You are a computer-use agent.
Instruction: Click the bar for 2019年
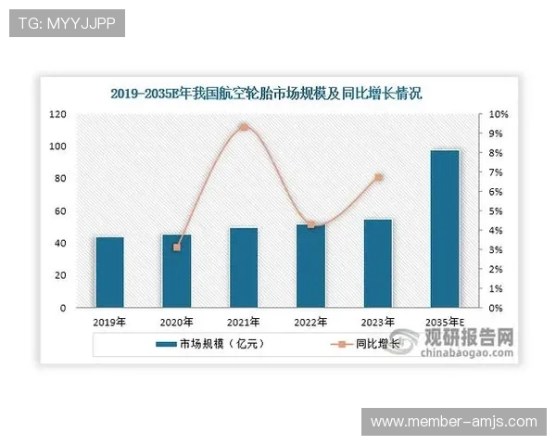click(x=109, y=272)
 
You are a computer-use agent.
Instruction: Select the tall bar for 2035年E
click(x=445, y=228)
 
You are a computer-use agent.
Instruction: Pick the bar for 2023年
click(x=377, y=263)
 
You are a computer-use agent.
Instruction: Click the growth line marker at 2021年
click(x=244, y=127)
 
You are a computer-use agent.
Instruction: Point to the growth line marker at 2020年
click(x=177, y=248)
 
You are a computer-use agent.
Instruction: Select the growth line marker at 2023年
click(x=378, y=177)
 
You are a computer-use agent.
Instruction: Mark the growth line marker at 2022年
click(x=311, y=225)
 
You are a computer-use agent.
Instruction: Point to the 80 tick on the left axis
click(x=60, y=178)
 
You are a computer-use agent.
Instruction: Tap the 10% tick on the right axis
click(x=499, y=114)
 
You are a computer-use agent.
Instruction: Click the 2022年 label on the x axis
click(x=310, y=323)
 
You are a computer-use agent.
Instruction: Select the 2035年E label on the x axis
click(x=445, y=323)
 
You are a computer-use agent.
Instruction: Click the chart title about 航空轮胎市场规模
click(x=266, y=94)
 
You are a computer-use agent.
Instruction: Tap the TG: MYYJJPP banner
click(x=66, y=22)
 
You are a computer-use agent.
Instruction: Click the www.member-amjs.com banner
click(x=453, y=422)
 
